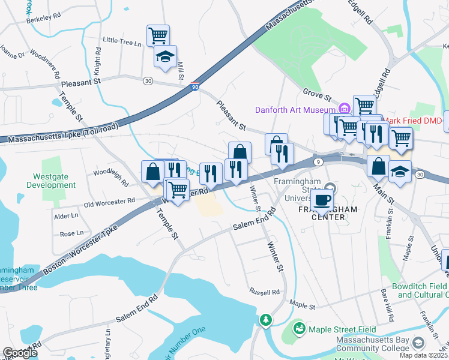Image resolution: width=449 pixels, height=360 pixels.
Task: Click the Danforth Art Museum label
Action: (x=295, y=110)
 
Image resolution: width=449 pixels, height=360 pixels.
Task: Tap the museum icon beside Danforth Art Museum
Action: (x=345, y=109)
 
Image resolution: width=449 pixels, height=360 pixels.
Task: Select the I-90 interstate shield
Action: (x=194, y=87)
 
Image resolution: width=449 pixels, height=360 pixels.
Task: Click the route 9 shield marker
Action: (x=318, y=161)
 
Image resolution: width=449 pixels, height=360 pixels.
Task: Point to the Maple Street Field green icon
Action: (x=299, y=329)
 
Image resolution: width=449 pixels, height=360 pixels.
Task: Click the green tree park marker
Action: (x=265, y=322)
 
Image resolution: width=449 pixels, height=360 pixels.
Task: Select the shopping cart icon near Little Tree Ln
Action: (x=158, y=35)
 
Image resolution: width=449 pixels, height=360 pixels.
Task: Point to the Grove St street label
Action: (x=317, y=94)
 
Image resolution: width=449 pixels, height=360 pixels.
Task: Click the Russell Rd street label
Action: (x=265, y=292)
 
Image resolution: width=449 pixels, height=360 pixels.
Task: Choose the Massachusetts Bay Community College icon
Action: (x=418, y=342)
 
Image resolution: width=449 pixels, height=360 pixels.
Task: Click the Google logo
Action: (x=20, y=353)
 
